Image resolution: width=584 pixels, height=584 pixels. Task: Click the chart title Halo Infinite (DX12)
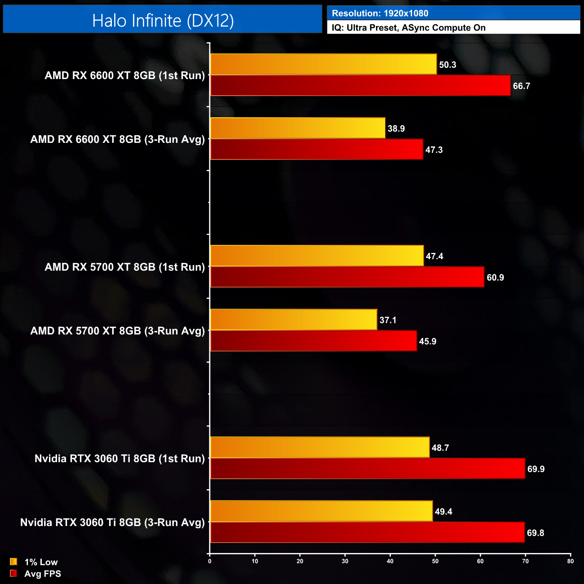pos(163,21)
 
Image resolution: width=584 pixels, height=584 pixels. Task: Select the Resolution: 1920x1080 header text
pos(380,13)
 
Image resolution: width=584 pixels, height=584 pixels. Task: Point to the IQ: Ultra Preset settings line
pos(408,28)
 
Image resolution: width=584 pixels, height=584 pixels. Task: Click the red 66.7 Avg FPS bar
pos(360,85)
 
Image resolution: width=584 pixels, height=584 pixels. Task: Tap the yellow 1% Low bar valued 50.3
pos(323,64)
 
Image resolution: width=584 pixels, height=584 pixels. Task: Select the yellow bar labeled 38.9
pos(298,128)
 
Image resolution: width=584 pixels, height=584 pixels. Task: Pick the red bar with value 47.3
pos(317,149)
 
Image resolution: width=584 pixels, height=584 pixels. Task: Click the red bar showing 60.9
pos(347,277)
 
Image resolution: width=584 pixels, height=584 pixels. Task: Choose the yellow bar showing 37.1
pos(294,319)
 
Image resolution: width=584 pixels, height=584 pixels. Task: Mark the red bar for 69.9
pos(367,469)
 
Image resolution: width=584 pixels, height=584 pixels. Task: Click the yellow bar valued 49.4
pos(321,511)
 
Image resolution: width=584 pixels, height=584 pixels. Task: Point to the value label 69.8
pos(535,533)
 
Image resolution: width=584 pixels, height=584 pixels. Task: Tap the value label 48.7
pos(440,448)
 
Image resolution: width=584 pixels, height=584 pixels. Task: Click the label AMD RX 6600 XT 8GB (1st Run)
pos(125,75)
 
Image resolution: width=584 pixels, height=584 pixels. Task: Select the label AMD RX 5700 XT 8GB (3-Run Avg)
pos(118,331)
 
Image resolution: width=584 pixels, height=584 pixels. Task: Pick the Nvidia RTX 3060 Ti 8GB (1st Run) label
pos(120,459)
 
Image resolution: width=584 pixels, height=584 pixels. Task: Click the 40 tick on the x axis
pos(390,561)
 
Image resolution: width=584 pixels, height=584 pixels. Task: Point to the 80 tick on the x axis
pos(570,561)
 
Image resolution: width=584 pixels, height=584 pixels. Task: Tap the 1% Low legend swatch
pos(13,562)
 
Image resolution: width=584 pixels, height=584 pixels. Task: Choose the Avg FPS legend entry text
pos(43,574)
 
